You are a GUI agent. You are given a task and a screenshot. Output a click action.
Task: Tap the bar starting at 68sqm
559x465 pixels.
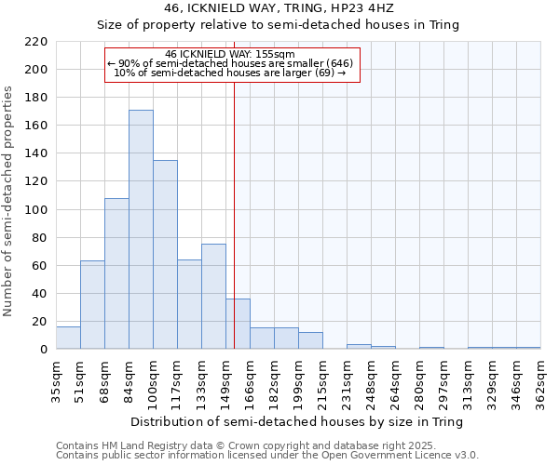click(x=116, y=273)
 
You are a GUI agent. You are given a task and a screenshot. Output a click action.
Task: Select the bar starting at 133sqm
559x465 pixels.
click(x=213, y=297)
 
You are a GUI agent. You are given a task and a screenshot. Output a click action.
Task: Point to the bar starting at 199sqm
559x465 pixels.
click(x=310, y=341)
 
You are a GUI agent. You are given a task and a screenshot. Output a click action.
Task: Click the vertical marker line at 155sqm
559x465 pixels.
click(x=234, y=214)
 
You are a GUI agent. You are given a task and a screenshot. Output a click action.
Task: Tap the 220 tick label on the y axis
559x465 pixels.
click(x=36, y=42)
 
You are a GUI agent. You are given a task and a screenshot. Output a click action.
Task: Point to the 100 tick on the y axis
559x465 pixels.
click(x=36, y=210)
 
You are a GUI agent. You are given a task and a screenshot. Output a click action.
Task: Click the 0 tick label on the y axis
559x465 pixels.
click(x=44, y=350)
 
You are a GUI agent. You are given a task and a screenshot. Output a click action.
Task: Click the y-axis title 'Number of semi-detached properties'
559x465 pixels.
click(x=9, y=201)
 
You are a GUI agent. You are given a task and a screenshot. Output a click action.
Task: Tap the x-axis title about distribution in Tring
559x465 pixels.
click(x=297, y=421)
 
